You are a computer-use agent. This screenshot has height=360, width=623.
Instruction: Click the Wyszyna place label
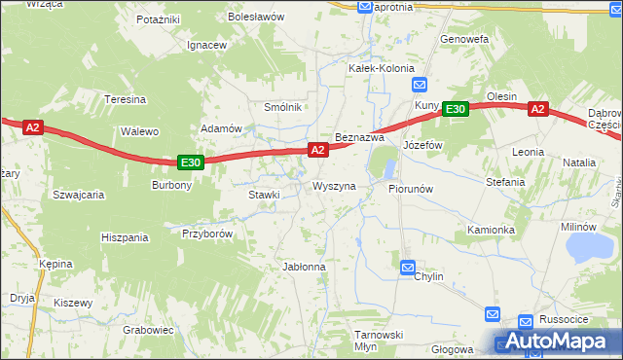[x=334, y=185]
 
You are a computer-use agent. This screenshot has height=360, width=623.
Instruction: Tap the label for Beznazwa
[x=360, y=138]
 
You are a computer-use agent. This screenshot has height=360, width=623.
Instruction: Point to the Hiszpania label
[x=125, y=236]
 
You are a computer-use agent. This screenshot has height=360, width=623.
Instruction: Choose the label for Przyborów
[x=206, y=233]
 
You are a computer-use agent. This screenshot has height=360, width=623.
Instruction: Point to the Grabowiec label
[x=149, y=329]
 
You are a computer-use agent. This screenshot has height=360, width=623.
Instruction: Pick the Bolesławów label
[x=255, y=18]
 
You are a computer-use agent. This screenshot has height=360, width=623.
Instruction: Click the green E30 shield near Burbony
[x=192, y=163]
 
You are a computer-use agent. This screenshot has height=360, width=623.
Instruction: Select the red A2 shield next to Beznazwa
[x=317, y=149]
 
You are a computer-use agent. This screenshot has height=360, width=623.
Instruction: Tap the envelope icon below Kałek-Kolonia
[x=418, y=85]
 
